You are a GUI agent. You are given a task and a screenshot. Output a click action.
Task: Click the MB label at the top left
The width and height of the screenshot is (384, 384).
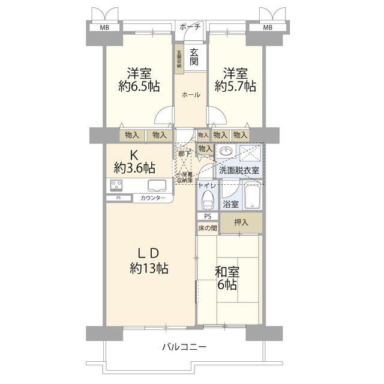tap(104, 28)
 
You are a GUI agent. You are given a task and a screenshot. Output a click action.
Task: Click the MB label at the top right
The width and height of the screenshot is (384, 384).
tap(267, 28)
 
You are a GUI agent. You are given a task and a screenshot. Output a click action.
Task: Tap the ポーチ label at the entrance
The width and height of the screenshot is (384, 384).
tap(191, 27)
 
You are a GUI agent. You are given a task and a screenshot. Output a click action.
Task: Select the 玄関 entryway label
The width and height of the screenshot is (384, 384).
tap(194, 57)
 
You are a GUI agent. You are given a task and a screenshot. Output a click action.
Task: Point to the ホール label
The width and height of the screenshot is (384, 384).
tap(191, 94)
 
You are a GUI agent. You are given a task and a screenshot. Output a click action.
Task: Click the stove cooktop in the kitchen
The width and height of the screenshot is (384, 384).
tap(117, 185)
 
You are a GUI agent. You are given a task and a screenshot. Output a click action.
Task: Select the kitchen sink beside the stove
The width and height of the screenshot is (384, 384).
tap(157, 185)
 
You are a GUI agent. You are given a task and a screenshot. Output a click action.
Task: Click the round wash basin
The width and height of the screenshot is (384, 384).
tap(226, 151)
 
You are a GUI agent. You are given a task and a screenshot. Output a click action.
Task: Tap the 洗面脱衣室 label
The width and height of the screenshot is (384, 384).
tap(239, 170)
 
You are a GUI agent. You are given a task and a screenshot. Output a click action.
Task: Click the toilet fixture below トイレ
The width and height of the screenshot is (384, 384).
tap(208, 198)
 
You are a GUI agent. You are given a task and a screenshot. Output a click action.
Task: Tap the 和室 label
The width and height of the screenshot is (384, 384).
tap(227, 271)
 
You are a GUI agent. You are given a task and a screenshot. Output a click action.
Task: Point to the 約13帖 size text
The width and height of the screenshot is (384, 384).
tap(149, 268)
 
